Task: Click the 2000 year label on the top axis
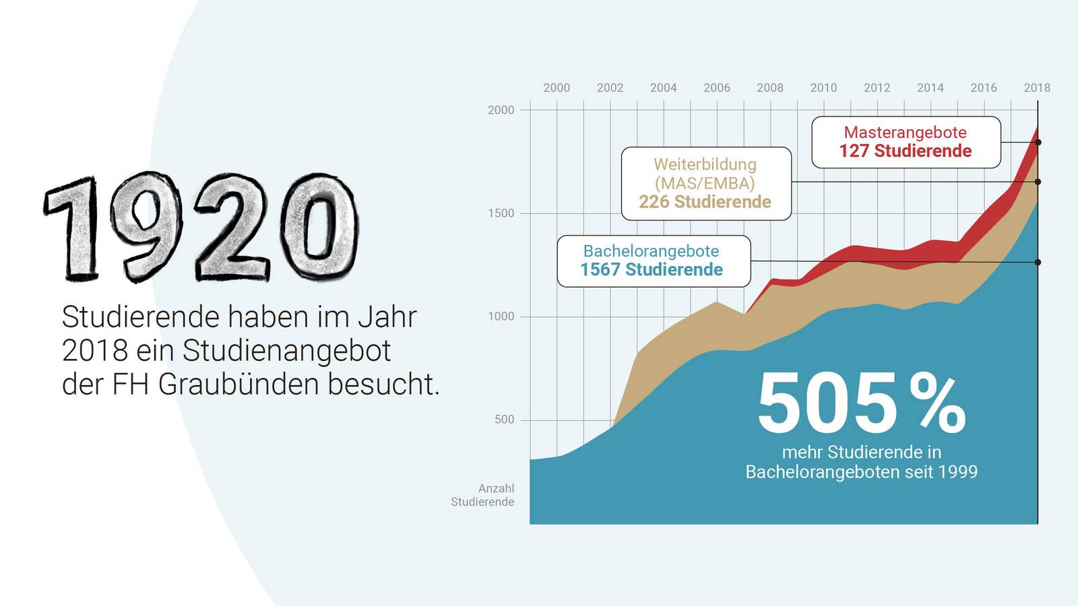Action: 557,88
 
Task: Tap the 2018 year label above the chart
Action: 1037,88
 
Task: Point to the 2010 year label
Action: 823,88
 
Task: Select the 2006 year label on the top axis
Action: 717,88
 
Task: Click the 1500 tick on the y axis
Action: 501,213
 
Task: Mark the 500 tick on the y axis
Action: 504,419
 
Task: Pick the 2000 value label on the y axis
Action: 501,110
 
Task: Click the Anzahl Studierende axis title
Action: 483,495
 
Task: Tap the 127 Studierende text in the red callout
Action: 905,151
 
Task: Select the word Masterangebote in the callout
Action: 905,133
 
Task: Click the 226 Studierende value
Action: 705,202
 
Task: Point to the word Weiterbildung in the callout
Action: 705,164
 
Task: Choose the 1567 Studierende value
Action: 652,270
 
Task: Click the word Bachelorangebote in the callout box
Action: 652,251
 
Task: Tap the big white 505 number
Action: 827,404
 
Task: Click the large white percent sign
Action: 937,404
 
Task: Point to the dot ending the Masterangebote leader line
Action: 1038,142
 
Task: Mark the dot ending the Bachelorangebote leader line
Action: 1038,262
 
